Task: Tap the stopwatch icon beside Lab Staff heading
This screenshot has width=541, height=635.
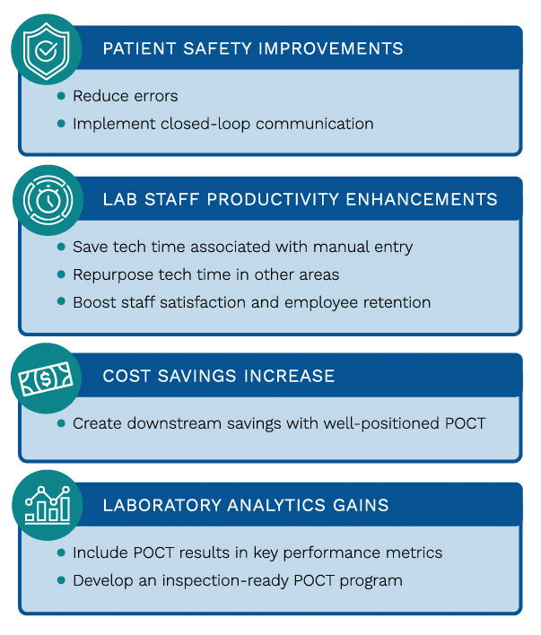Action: pyautogui.click(x=47, y=198)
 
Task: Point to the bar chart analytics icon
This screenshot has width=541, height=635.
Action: pyautogui.click(x=47, y=505)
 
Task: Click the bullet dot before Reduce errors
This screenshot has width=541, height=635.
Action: pyautogui.click(x=61, y=96)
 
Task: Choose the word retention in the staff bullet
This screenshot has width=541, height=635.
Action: pyautogui.click(x=397, y=302)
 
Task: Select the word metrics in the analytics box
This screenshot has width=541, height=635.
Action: pyautogui.click(x=416, y=552)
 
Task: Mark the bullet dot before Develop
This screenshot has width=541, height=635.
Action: pyautogui.click(x=61, y=580)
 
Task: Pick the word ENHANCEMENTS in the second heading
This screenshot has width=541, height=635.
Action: pyautogui.click(x=423, y=199)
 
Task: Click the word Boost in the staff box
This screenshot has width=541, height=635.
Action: pyautogui.click(x=92, y=302)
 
